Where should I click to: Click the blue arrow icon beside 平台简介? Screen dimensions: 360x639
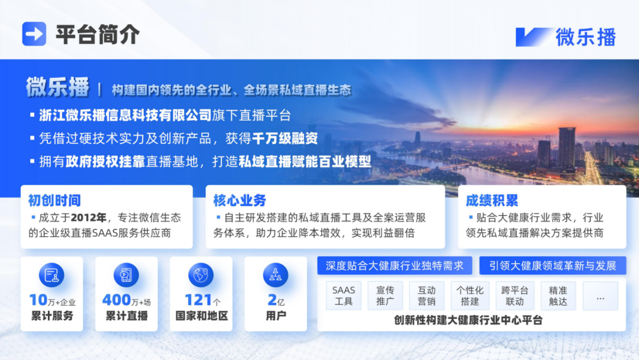click(34, 34)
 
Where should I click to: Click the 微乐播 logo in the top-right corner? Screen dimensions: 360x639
click(566, 37)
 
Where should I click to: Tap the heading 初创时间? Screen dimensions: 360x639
click(54, 200)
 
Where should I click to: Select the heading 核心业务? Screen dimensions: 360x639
click(240, 200)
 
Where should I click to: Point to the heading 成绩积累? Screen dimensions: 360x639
click(492, 200)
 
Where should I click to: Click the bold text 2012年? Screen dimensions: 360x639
click(88, 217)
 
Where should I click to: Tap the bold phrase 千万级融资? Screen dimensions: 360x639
click(285, 138)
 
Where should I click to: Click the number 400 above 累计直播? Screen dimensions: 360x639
click(117, 300)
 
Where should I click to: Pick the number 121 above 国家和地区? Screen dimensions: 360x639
click(199, 300)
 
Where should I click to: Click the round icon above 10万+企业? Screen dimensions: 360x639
click(51, 275)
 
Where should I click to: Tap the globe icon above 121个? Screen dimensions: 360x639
click(201, 275)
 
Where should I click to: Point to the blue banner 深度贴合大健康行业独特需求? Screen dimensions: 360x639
click(395, 265)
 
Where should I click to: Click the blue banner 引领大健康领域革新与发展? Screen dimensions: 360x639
click(553, 265)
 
